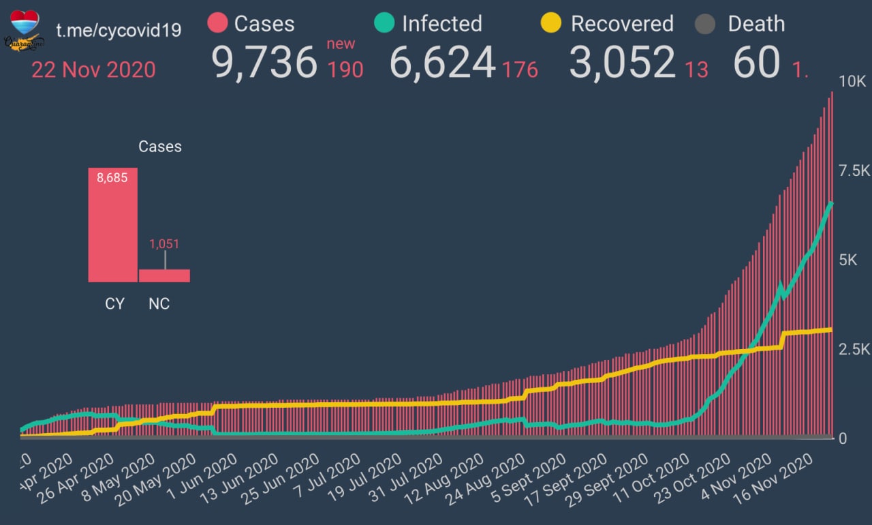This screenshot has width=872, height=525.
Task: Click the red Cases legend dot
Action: point(217,24)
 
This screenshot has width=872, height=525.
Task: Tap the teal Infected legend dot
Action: point(384,24)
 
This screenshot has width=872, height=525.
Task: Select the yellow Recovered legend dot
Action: point(550,24)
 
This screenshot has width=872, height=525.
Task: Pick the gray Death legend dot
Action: point(706,25)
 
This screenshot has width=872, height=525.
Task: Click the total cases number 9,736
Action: point(264,63)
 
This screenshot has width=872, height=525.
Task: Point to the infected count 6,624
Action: point(442,63)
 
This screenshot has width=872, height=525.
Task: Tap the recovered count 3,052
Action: point(622,63)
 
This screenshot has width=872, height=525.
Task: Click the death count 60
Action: point(756,63)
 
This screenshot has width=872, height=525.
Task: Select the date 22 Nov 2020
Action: point(93,70)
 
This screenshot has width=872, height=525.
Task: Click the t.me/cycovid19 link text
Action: point(119,31)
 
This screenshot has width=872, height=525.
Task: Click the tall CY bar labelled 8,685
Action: point(112,225)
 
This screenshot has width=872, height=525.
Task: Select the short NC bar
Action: point(164,275)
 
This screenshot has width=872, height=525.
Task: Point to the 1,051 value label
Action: point(164,243)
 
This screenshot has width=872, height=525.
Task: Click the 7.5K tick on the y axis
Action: point(854,170)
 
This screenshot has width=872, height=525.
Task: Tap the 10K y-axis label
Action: point(852,82)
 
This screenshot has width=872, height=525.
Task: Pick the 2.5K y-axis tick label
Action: point(854,350)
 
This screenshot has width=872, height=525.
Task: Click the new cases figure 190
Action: point(345,70)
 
